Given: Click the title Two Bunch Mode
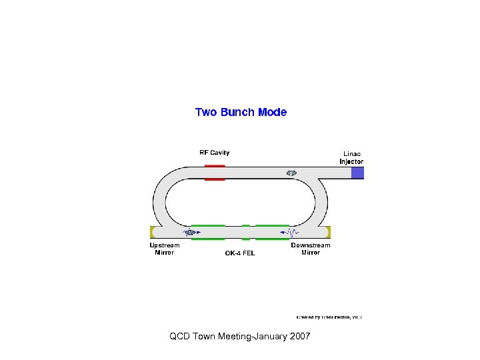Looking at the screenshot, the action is pos(241,112).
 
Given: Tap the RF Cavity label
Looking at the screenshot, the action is pos(215,153).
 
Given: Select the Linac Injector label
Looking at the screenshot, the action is pos(352,157).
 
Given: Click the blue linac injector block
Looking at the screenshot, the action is pos(358,173).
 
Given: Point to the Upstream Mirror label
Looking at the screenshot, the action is pos(164,249).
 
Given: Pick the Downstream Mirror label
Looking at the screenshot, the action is pos(310,249).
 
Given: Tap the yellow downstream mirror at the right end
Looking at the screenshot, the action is pos(327,232).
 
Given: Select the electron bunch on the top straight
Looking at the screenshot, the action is pos(291,173).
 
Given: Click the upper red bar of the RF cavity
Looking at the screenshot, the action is pos(215,165).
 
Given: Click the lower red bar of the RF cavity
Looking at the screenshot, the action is pos(215,179).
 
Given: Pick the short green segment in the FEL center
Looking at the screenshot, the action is pos(246,232).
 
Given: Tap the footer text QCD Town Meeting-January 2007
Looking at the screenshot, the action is pos(240,337).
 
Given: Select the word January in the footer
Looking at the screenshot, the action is pos(270,337).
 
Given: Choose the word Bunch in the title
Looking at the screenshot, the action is pos(238,112).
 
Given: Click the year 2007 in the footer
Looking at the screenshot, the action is pos(300,337).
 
